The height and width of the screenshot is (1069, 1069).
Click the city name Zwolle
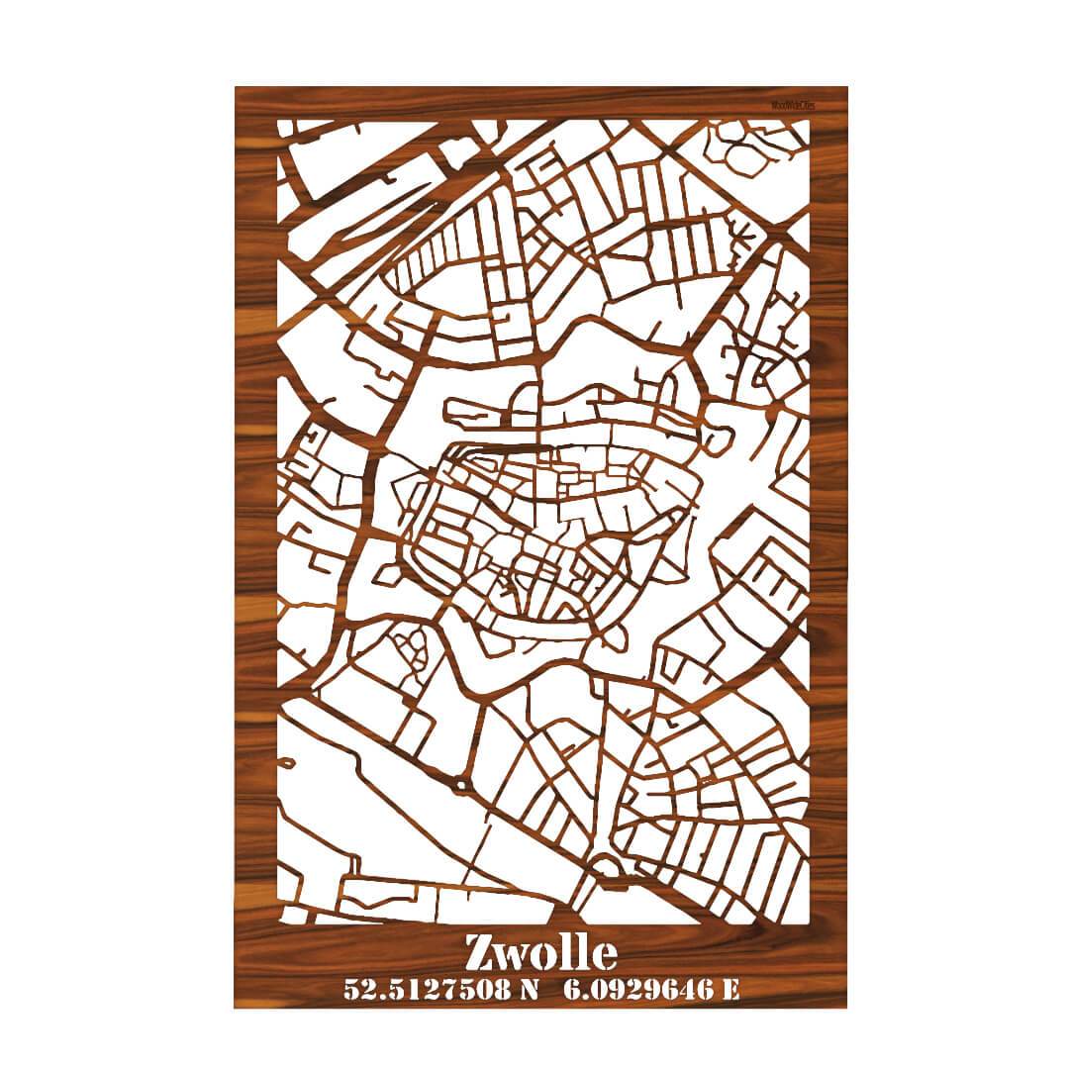540,952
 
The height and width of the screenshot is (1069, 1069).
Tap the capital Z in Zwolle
480,953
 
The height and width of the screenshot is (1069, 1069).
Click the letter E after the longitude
730,988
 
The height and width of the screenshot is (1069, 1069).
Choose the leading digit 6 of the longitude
571,988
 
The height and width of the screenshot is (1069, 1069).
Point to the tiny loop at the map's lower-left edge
287,764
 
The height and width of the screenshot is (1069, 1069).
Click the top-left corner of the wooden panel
237,88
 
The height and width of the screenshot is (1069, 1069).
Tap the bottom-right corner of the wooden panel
846,1007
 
